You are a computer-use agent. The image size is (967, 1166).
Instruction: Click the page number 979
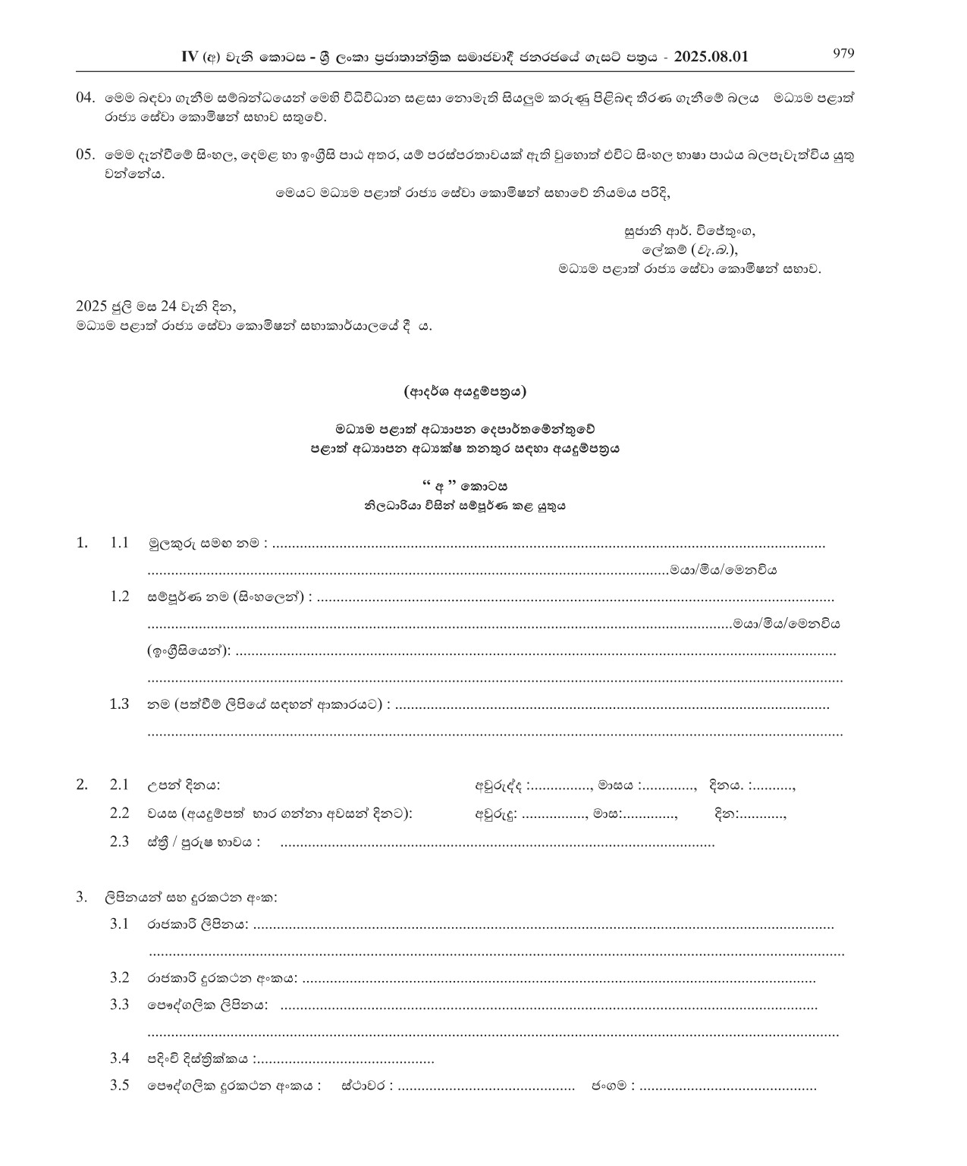[843, 53]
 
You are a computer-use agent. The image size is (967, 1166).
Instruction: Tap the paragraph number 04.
[85, 98]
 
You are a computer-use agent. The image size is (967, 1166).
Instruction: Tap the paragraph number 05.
[85, 155]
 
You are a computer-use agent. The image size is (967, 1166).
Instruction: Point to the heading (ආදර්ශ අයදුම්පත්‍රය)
[465, 392]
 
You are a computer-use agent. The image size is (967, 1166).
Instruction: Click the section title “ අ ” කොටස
[464, 487]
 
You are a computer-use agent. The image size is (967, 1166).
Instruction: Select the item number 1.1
[120, 543]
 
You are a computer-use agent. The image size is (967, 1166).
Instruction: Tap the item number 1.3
[120, 704]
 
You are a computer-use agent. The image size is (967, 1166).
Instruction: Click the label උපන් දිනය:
[184, 785]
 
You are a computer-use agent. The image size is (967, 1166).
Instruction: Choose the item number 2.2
[120, 813]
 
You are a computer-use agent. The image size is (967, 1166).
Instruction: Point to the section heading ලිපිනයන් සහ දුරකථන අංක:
[191, 898]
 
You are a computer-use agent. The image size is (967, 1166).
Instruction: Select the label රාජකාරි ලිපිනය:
[197, 925]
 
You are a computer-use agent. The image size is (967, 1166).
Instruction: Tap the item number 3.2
[120, 978]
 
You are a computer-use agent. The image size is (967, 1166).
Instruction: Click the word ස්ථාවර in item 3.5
[366, 1086]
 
